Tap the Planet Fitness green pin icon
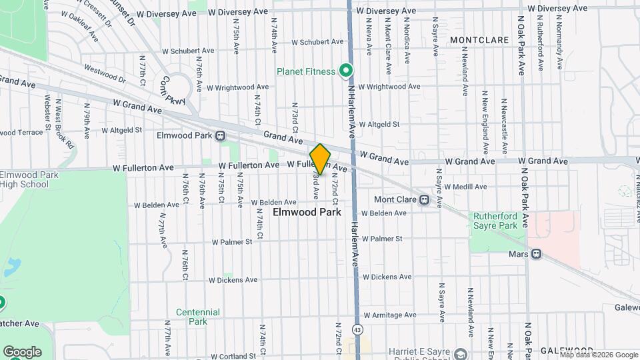click(x=345, y=70)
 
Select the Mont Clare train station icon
click(x=423, y=199)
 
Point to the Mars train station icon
click(x=536, y=254)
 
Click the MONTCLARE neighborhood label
click(x=479, y=40)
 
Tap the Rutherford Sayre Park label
click(x=495, y=221)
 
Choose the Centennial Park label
click(x=198, y=316)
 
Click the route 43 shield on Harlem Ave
click(x=358, y=330)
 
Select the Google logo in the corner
click(x=22, y=351)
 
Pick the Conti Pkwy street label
click(x=171, y=91)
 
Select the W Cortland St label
click(x=229, y=357)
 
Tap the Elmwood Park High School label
click(x=31, y=179)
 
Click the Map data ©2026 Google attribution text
click(x=599, y=355)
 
